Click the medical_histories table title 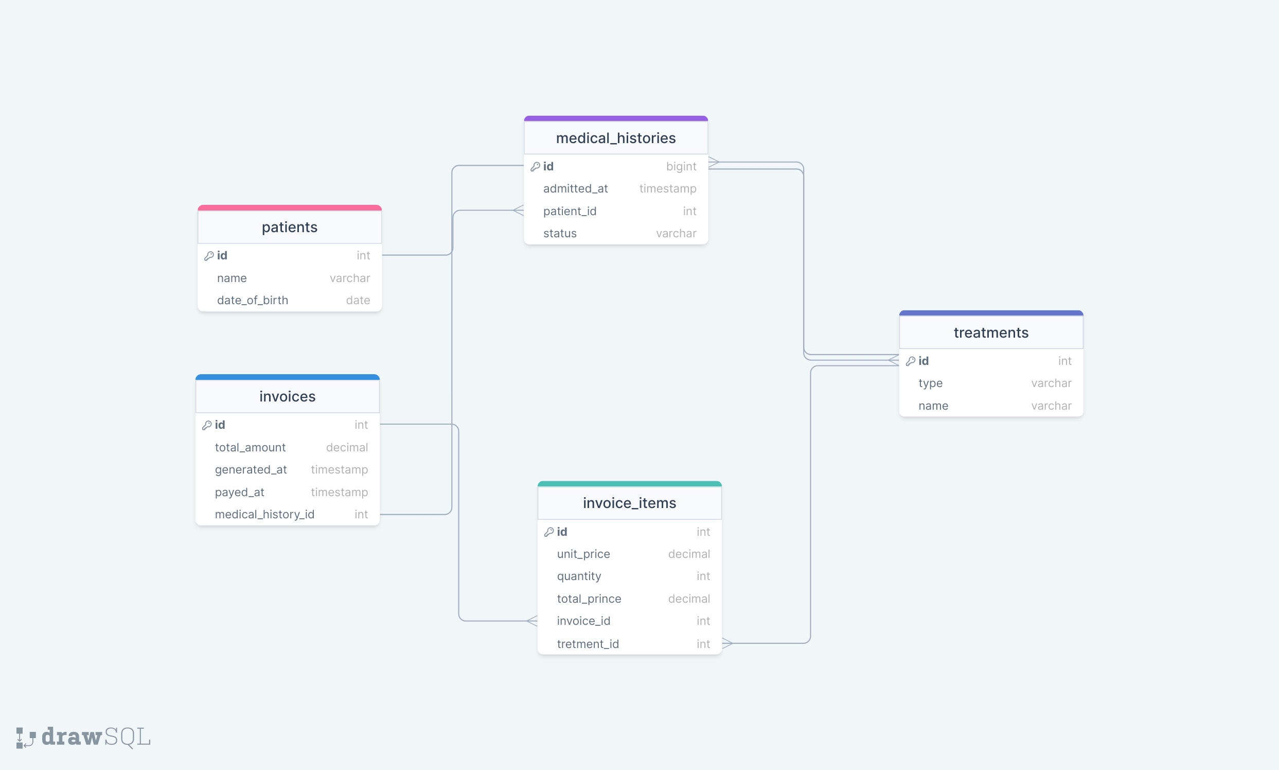tap(616, 138)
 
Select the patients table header tap(290, 227)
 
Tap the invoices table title tap(287, 396)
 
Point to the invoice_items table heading tap(629, 503)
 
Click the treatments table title tap(990, 332)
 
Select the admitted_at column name tap(575, 188)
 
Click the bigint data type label tap(681, 166)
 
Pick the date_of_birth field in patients tap(253, 300)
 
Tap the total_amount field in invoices tap(250, 447)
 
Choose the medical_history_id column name tap(264, 514)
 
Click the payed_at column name tap(240, 492)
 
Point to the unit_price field tap(583, 554)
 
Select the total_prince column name tap(589, 599)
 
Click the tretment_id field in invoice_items tap(588, 644)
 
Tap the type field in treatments tap(931, 383)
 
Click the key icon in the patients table tap(209, 256)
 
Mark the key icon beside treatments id tap(910, 361)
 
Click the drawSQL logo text tap(96, 737)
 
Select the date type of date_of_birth tap(358, 300)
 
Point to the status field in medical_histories tap(560, 234)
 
